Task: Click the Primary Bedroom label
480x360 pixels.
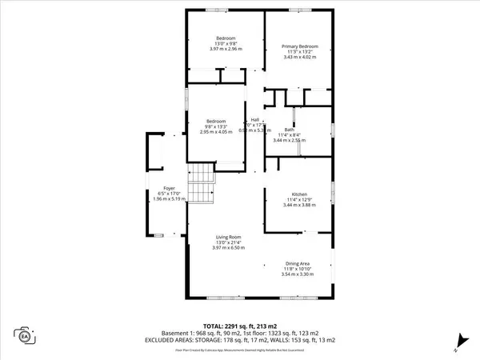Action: pyautogui.click(x=300, y=46)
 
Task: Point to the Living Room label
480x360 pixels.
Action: pyautogui.click(x=227, y=237)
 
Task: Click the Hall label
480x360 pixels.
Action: pyautogui.click(x=255, y=120)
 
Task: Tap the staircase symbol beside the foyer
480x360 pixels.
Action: pyautogui.click(x=202, y=180)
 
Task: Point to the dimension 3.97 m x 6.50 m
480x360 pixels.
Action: pyautogui.click(x=227, y=248)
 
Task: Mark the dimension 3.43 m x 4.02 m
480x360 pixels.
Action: pyautogui.click(x=300, y=58)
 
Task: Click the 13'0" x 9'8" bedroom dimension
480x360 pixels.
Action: pyautogui.click(x=226, y=44)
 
